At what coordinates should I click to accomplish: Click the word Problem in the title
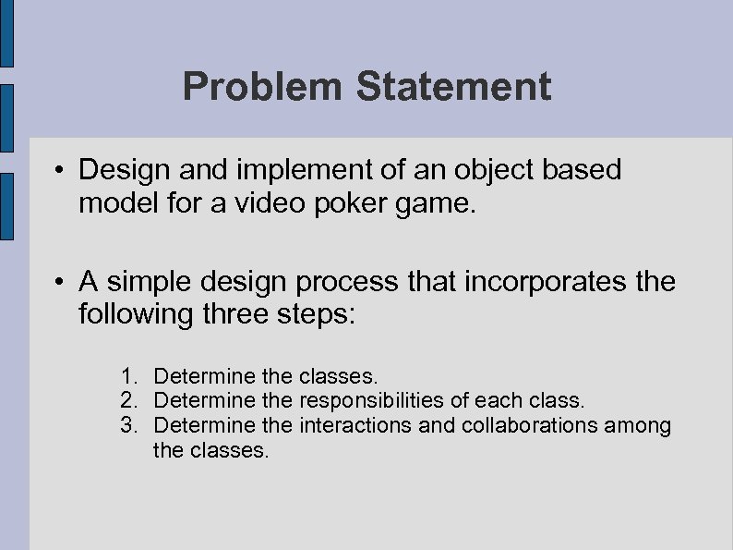pyautogui.click(x=262, y=87)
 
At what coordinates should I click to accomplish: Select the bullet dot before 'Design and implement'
pyautogui.click(x=57, y=171)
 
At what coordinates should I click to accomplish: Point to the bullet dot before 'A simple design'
pyautogui.click(x=57, y=282)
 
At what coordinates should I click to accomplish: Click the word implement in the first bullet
pyautogui.click(x=278, y=171)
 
